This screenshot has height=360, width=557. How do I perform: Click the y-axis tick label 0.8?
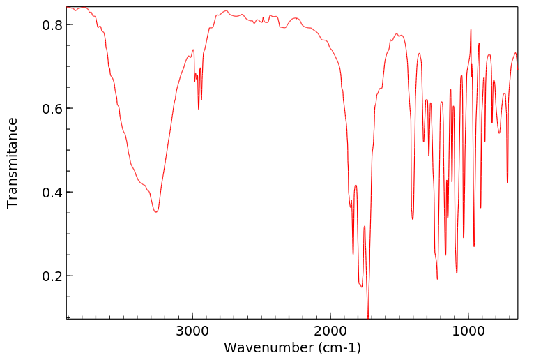pos(50,25)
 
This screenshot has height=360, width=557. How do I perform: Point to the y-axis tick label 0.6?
pos(50,109)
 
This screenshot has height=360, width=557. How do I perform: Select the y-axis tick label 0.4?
pos(50,193)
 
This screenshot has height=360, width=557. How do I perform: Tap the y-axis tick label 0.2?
pos(50,276)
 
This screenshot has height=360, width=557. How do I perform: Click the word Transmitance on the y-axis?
pos(13,163)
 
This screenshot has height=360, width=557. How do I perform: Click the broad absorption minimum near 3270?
pos(156,212)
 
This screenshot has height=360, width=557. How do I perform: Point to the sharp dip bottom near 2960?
pos(199,109)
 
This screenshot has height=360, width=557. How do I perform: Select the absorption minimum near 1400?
pos(413,219)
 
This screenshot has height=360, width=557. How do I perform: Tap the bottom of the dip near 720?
pos(508,183)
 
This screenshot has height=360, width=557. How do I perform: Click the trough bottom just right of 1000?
pos(474,246)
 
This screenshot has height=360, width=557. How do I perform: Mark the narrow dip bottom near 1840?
pos(353,254)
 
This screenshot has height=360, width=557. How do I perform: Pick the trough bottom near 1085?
pos(457,273)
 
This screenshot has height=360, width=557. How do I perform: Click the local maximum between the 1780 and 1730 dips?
pos(365,226)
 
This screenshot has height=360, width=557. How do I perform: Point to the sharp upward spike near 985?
pos(471,29)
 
